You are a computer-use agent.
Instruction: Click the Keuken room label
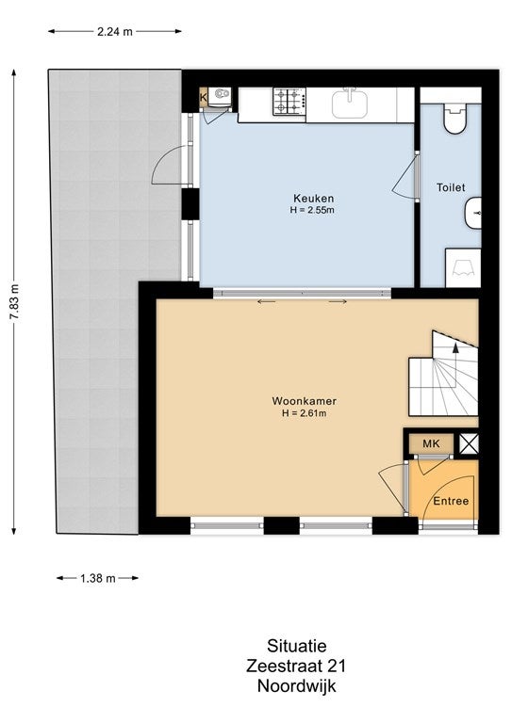pyautogui.click(x=313, y=199)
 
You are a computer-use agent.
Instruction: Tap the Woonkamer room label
pyautogui.click(x=304, y=401)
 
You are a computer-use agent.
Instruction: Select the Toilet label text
pyautogui.click(x=451, y=187)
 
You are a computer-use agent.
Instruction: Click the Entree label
pyautogui.click(x=451, y=501)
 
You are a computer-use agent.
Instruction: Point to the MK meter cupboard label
pyautogui.click(x=431, y=443)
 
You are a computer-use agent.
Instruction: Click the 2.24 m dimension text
pyautogui.click(x=115, y=31)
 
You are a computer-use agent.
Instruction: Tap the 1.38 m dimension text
pyautogui.click(x=97, y=578)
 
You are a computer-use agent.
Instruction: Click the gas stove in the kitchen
pyautogui.click(x=289, y=102)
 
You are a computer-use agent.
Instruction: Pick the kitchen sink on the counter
pyautogui.click(x=350, y=103)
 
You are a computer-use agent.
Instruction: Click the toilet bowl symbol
pyautogui.click(x=455, y=119)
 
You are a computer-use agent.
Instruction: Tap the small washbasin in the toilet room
pyautogui.click(x=472, y=213)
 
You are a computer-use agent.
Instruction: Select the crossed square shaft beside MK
pyautogui.click(x=469, y=444)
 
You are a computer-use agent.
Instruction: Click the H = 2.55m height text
pyautogui.click(x=312, y=210)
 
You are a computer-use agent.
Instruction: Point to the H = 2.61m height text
pyautogui.click(x=304, y=413)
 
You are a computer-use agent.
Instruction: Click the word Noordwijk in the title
pyautogui.click(x=296, y=685)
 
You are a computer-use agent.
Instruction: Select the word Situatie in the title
pyautogui.click(x=296, y=646)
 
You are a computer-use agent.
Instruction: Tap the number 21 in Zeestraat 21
pyautogui.click(x=337, y=666)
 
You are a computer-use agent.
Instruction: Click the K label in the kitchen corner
pyautogui.click(x=203, y=98)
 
